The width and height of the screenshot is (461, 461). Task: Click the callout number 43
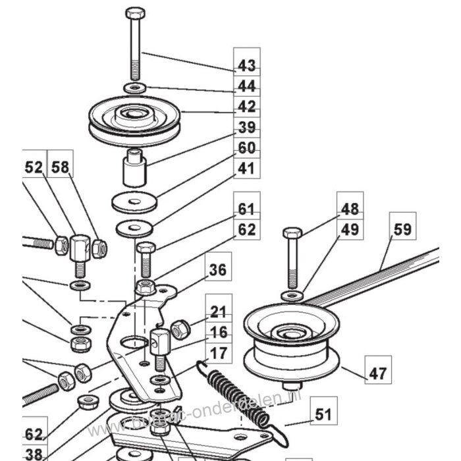click(246, 66)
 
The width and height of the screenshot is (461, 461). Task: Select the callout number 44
click(246, 86)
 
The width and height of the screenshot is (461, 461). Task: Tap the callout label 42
click(246, 106)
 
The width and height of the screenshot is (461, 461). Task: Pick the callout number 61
click(246, 209)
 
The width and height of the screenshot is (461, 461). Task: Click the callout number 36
click(218, 270)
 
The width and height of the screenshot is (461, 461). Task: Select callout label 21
click(219, 311)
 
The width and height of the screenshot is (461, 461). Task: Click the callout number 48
click(350, 209)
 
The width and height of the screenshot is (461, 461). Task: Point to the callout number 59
click(402, 230)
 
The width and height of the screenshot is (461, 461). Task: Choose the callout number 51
click(323, 415)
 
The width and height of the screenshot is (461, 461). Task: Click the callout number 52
click(34, 169)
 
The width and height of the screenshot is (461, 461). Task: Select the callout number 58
click(60, 169)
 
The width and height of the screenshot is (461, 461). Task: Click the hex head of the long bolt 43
click(134, 13)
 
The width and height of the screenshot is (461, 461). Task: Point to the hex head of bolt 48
click(292, 232)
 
